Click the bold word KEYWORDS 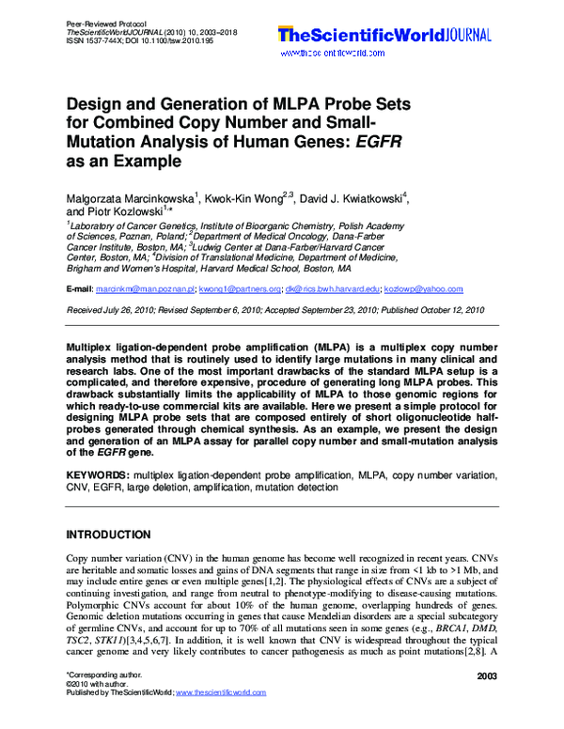[98, 476]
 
